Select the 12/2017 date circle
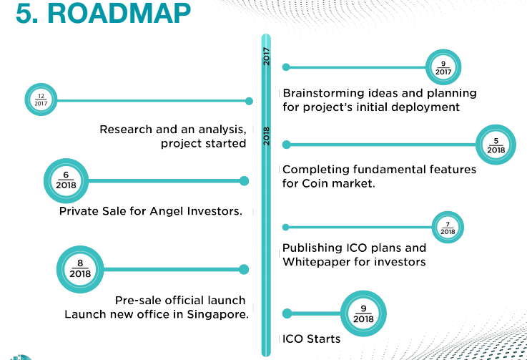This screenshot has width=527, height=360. (x=40, y=101)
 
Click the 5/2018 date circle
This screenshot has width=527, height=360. (x=496, y=145)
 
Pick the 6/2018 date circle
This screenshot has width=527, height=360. (x=65, y=180)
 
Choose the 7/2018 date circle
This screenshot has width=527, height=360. (x=448, y=228)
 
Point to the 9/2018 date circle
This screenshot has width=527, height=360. (x=364, y=313)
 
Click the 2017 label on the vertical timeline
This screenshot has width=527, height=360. (x=266, y=57)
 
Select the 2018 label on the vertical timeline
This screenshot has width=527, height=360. (x=266, y=136)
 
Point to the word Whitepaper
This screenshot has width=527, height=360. (x=315, y=262)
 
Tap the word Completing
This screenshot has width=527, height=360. (x=315, y=170)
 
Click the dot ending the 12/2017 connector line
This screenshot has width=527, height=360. (x=249, y=101)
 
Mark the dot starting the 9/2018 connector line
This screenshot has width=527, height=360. (x=287, y=313)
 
